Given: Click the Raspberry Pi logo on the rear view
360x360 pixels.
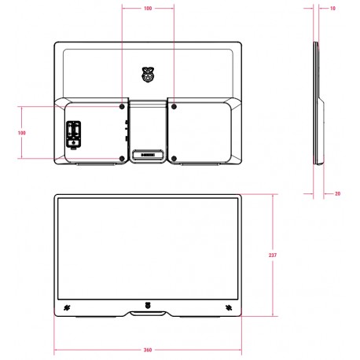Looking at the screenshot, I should pyautogui.click(x=147, y=75).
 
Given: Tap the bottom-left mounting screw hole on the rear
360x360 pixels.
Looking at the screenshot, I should pyautogui.click(x=122, y=160).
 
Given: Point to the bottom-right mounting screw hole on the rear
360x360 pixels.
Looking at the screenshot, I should pyautogui.click(x=172, y=160).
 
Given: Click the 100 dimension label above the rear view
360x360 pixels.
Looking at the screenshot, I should pyautogui.click(x=148, y=9).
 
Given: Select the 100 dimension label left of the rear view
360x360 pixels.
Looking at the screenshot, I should pyautogui.click(x=21, y=133).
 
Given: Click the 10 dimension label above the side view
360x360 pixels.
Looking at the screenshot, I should pyautogui.click(x=334, y=9).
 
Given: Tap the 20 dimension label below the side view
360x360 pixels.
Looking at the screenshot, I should pyautogui.click(x=337, y=193).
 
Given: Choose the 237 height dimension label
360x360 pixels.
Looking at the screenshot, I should pyautogui.click(x=273, y=255).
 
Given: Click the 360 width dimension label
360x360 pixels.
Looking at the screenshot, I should pyautogui.click(x=148, y=349).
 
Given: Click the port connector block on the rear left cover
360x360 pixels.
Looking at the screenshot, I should pyautogui.click(x=73, y=133).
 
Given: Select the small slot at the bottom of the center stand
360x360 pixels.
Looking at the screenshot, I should pyautogui.click(x=147, y=154).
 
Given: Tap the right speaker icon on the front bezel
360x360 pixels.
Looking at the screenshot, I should pyautogui.click(x=229, y=307).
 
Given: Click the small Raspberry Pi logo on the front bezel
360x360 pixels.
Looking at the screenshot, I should pyautogui.click(x=148, y=306).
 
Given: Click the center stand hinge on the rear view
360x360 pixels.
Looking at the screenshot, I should pyautogui.click(x=147, y=130).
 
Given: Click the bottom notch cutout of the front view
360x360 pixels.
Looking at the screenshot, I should pyautogui.click(x=148, y=314).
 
